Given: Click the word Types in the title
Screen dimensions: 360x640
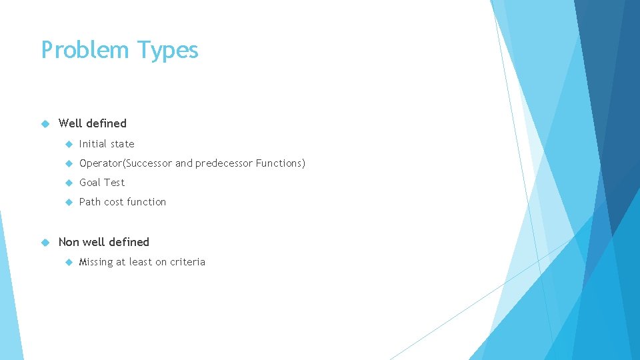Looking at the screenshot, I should [x=168, y=51].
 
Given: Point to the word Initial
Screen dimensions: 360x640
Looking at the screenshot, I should [x=94, y=144].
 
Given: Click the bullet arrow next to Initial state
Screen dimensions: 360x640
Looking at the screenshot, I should [x=68, y=144].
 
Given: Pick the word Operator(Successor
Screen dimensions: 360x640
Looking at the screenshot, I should [x=125, y=163].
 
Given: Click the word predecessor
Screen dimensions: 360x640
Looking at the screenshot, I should [x=224, y=163].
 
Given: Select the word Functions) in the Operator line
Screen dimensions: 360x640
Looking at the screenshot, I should [x=281, y=163].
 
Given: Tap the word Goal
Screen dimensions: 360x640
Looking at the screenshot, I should [x=91, y=183].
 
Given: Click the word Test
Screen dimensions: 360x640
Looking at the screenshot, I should [x=115, y=183].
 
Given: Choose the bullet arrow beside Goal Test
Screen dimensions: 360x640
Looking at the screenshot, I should [x=68, y=183].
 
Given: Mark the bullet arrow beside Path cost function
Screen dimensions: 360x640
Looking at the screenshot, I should [x=68, y=202].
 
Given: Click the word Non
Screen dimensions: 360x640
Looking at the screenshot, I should [x=69, y=242].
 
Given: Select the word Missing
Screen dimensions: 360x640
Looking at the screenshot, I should [x=96, y=262].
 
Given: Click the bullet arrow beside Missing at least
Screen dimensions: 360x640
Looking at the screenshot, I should [x=68, y=262].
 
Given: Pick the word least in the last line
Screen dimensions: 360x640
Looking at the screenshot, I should [x=141, y=262].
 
